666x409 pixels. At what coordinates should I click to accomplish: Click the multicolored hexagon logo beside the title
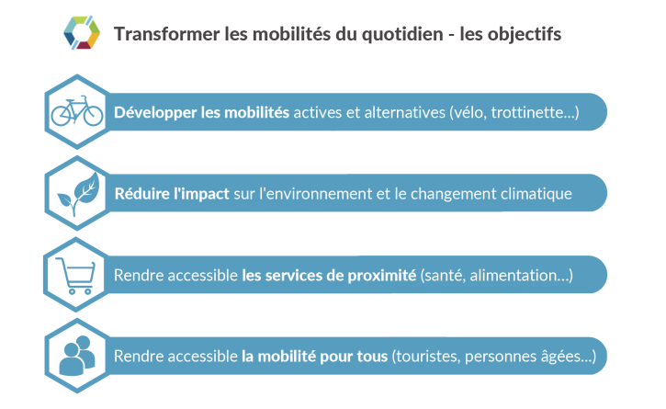point(82,33)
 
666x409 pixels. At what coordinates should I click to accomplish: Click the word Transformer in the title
point(167,34)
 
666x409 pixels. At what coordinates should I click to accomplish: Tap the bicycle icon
point(77,111)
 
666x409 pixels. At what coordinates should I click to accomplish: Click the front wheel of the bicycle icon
point(93,116)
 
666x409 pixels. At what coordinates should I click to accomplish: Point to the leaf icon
point(79,193)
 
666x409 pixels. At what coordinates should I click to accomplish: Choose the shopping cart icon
point(75,276)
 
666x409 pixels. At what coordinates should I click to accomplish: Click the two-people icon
point(77,357)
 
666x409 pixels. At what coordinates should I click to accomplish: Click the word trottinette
point(526,112)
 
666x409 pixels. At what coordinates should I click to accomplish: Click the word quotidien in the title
point(402,35)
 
